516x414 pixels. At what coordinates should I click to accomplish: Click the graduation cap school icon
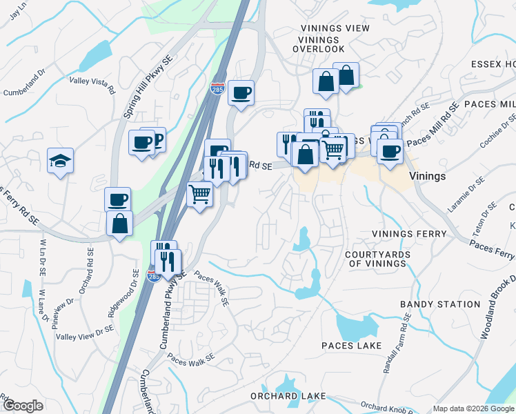(x=60, y=161)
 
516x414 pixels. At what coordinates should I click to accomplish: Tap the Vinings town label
(x=427, y=176)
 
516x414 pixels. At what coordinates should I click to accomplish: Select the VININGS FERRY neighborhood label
(x=409, y=234)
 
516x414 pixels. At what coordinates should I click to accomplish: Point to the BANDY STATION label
(x=439, y=304)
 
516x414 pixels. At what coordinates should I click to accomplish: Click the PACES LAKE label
(x=351, y=345)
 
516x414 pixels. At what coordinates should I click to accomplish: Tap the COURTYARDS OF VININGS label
(x=378, y=259)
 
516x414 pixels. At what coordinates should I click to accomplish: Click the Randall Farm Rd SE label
(x=398, y=344)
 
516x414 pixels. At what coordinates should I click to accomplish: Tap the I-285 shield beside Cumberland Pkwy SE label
(x=154, y=277)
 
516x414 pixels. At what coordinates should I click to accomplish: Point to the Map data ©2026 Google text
(x=472, y=408)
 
